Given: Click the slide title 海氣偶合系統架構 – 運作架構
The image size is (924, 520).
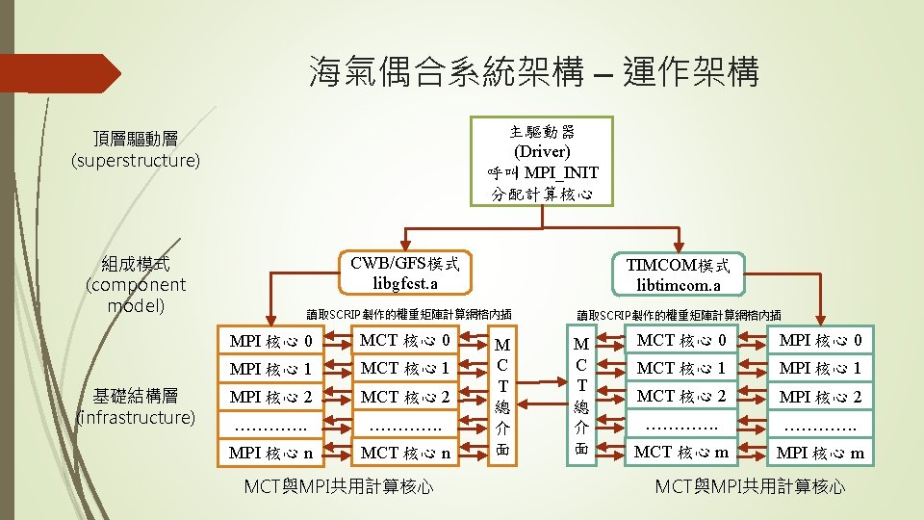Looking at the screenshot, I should coord(534,71).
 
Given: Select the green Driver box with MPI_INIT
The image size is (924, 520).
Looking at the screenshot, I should coord(543,162).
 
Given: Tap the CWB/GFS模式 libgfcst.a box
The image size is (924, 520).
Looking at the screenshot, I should coord(404,273).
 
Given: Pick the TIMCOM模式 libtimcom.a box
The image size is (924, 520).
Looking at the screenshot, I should coord(678,274).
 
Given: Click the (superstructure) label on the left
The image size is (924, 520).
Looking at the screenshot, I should coord(136,160).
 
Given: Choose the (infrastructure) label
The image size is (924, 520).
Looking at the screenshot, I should coord(136,417).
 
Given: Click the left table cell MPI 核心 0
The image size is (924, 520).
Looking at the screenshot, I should coord(270,340).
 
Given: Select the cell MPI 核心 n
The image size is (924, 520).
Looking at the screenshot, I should coord(270,453).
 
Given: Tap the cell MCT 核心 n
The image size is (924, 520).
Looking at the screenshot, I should coord(405,453).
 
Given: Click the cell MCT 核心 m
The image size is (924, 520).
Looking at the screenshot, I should coord(680,452).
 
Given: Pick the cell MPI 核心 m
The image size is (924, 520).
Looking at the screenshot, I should coord(821,453).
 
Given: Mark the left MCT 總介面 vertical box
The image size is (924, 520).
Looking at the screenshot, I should coord(502,397).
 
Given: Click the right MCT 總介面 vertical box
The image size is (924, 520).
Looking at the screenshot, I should coord(580,397).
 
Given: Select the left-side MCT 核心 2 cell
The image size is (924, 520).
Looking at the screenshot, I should coord(405,396).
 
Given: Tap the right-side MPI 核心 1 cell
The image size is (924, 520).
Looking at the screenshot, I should coord(821,368).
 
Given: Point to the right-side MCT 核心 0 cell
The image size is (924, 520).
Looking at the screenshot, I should coord(680,340).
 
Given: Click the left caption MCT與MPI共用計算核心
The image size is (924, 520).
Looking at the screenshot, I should coord(338,486).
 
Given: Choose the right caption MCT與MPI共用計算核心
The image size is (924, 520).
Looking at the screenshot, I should coord(750,486).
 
